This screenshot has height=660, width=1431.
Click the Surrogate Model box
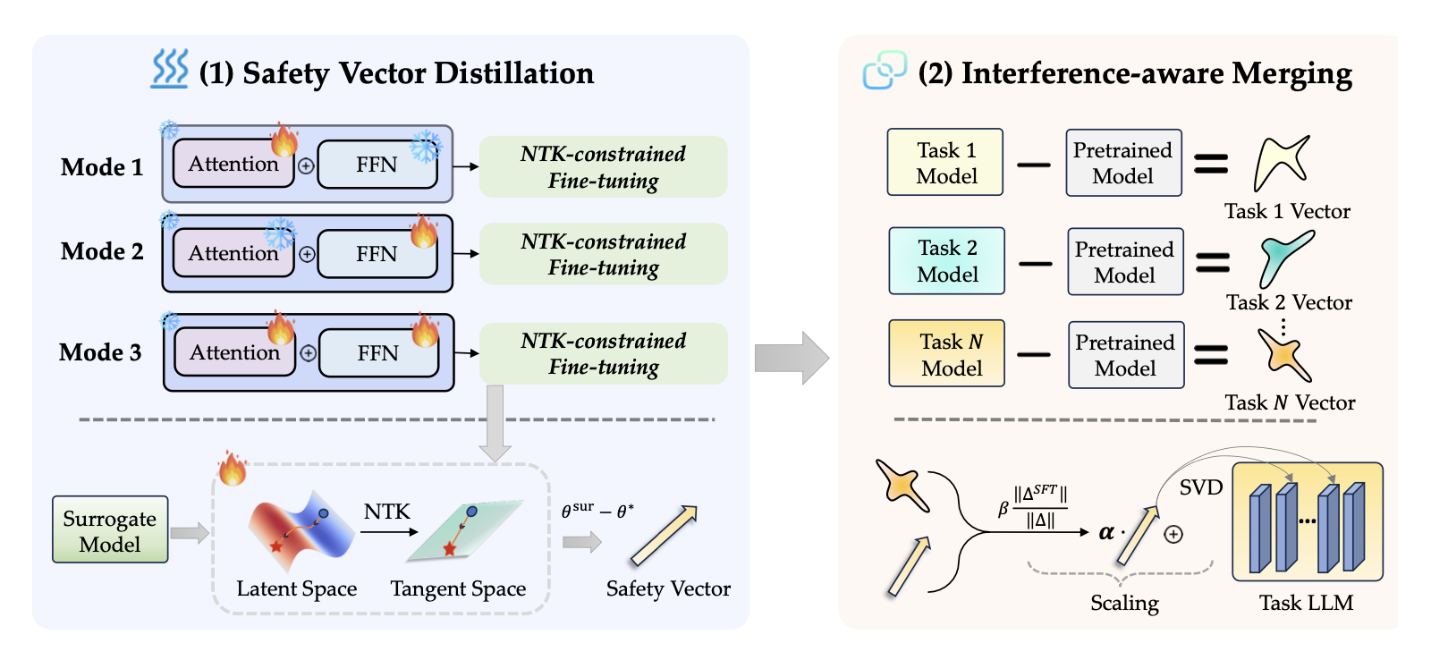(x=110, y=529)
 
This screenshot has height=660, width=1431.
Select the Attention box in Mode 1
(x=233, y=164)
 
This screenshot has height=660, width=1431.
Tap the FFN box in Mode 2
(x=377, y=254)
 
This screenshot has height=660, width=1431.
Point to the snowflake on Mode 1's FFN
(x=426, y=146)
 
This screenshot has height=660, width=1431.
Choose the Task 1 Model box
(x=945, y=162)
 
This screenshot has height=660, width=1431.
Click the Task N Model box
(x=947, y=354)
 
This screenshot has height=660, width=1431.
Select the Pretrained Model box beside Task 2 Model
(x=1125, y=262)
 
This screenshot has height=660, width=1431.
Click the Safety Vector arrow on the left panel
(x=664, y=536)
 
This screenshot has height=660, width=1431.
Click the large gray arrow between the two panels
(x=792, y=358)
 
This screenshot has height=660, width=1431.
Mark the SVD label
(x=1200, y=487)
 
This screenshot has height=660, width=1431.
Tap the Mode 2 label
(x=102, y=251)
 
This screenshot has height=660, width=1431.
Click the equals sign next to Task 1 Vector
(x=1211, y=164)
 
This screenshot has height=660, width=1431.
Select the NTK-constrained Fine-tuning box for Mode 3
(x=604, y=354)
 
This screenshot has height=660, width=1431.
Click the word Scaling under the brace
(x=1124, y=603)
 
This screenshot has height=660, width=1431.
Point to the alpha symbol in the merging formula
(x=1106, y=533)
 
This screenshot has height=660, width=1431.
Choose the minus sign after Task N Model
(x=1034, y=354)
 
